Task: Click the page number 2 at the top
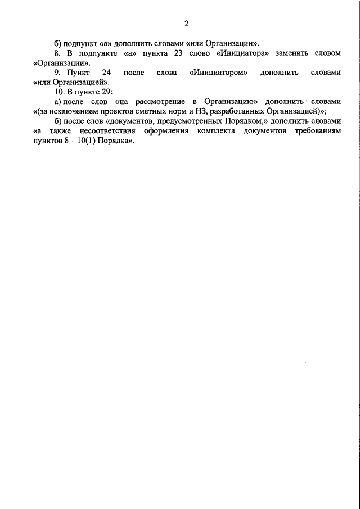pos(186,23)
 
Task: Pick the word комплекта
pos(216,131)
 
